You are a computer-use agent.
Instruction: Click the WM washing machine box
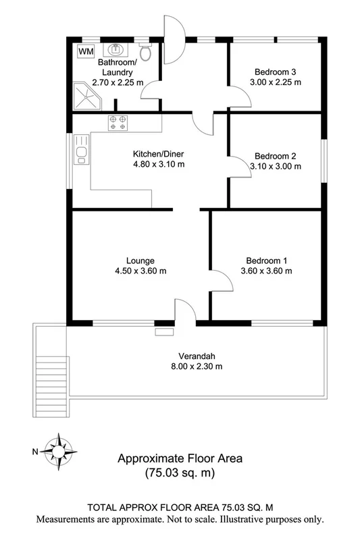pyautogui.click(x=86, y=51)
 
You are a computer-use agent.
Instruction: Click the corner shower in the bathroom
pyautogui.click(x=86, y=95)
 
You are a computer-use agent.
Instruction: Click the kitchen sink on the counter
pyautogui.click(x=81, y=155)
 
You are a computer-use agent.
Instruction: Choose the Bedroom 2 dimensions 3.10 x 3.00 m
pyautogui.click(x=275, y=166)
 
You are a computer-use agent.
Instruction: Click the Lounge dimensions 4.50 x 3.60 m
pyautogui.click(x=140, y=271)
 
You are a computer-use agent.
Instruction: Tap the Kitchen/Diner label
pyautogui.click(x=157, y=153)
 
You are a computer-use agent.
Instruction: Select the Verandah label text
pyautogui.click(x=197, y=356)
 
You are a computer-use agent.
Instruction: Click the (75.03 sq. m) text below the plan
pyautogui.click(x=180, y=473)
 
